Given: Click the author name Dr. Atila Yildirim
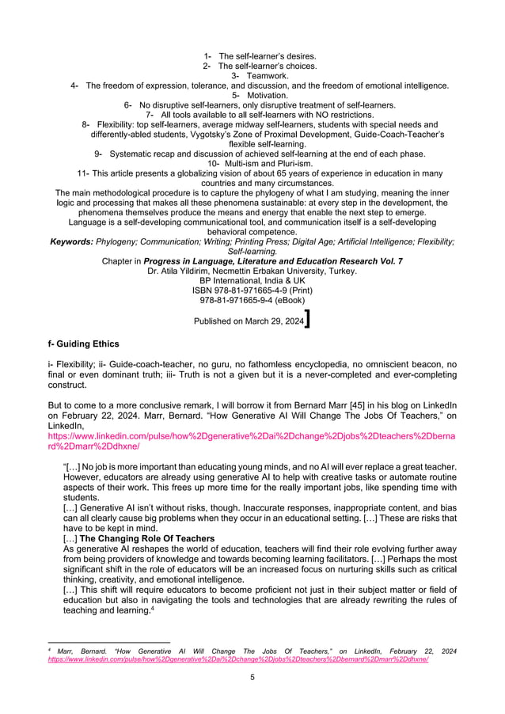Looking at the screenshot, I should coord(184,272).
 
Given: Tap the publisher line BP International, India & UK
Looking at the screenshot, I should coord(252,281).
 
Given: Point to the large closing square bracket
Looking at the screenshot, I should coord(307,318).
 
